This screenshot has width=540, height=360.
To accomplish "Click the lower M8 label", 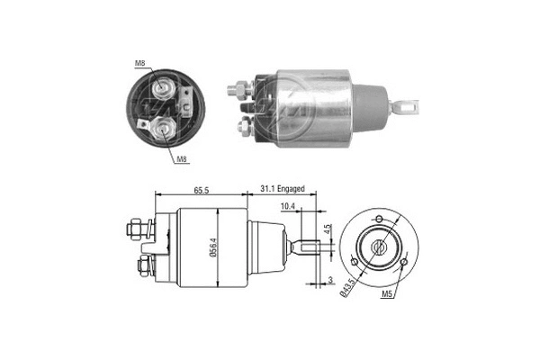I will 182,158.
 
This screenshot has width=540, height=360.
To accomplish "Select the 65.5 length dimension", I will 202,190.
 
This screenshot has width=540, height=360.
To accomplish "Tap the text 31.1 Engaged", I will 283,190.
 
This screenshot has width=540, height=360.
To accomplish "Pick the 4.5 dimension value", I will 329,229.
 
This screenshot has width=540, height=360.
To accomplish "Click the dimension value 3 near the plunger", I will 330,280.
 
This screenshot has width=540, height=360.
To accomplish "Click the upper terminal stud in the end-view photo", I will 163,87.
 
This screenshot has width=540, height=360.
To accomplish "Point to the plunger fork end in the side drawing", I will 310,246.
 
